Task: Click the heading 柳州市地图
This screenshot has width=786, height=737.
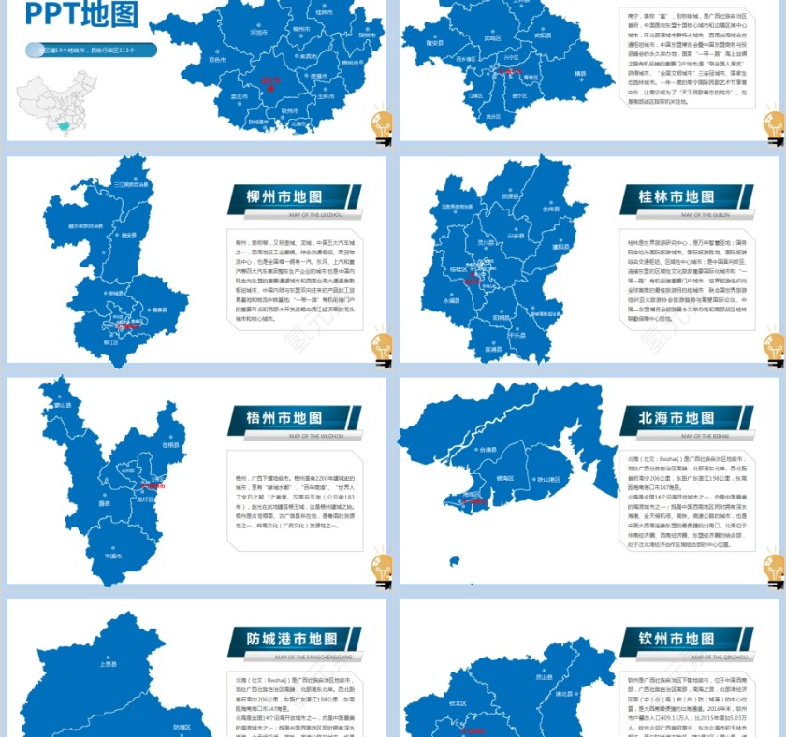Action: pos(284,197)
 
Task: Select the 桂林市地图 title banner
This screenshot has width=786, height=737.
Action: pos(677,197)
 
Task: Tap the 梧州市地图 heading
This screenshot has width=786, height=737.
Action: pos(284,418)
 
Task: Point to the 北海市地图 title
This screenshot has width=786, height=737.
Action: pos(677,418)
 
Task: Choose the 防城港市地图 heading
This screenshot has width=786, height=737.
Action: pos(284,639)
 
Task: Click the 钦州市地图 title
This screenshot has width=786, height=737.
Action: pos(677,639)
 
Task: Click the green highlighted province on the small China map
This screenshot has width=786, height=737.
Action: pos(64,125)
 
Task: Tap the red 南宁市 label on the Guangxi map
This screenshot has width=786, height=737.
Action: pos(270,80)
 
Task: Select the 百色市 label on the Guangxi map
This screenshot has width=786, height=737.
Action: pos(217,58)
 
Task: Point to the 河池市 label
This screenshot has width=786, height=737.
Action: pos(258,31)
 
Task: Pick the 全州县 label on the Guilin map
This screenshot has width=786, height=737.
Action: pos(551,209)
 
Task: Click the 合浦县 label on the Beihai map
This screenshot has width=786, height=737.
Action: pos(486,450)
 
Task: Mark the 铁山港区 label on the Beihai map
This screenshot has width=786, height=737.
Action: pos(546,478)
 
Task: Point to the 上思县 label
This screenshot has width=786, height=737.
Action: pos(108,664)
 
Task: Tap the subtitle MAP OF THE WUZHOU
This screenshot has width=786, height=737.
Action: pos(316,436)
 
